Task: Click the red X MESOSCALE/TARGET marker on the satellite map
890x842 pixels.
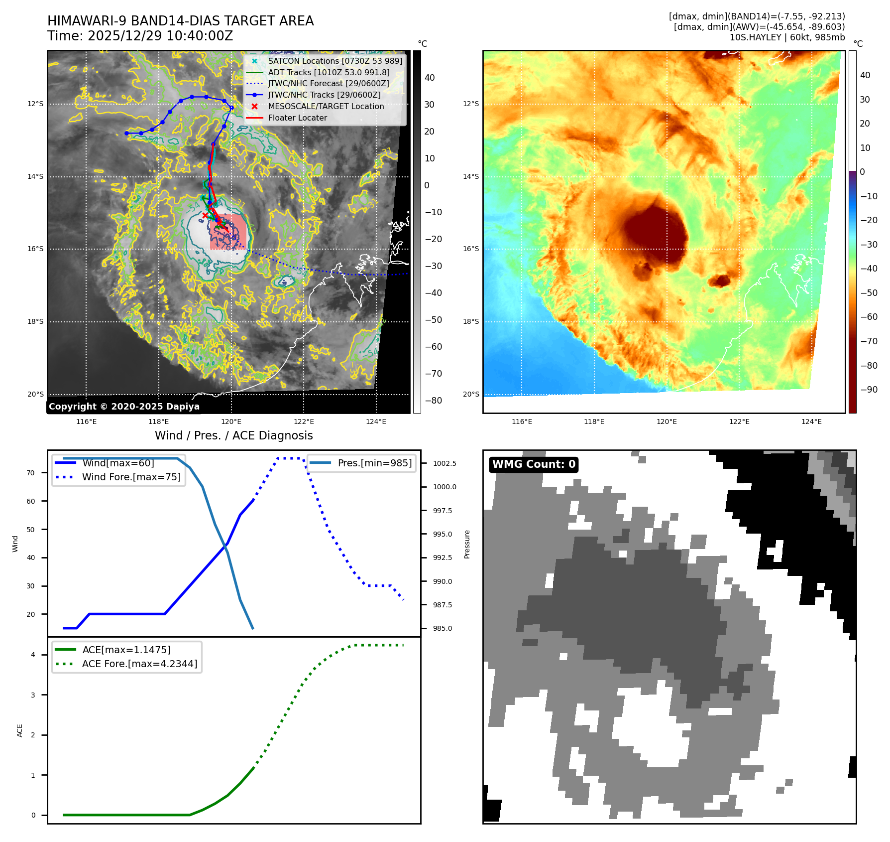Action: click(205, 215)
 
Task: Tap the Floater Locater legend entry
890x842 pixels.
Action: click(297, 118)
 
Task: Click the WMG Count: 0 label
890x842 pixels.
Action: click(534, 464)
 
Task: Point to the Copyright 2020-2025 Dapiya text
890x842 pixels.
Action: click(124, 407)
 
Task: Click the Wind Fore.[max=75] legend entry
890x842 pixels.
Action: click(131, 477)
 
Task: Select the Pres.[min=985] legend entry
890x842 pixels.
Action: click(374, 463)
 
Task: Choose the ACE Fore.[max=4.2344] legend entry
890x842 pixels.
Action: click(139, 664)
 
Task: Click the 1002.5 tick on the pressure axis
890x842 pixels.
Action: click(445, 463)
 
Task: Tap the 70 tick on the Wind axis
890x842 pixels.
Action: click(31, 473)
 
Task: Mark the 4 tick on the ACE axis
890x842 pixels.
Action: click(33, 655)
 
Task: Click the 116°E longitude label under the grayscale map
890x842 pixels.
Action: click(87, 422)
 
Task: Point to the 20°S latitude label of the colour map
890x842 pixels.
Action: click(471, 394)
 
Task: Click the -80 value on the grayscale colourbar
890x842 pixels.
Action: click(433, 401)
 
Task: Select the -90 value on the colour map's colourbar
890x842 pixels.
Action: click(869, 390)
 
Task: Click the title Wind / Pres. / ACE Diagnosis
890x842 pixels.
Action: click(234, 435)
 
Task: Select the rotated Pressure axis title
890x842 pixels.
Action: click(467, 544)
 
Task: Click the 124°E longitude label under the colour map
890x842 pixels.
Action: click(811, 422)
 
